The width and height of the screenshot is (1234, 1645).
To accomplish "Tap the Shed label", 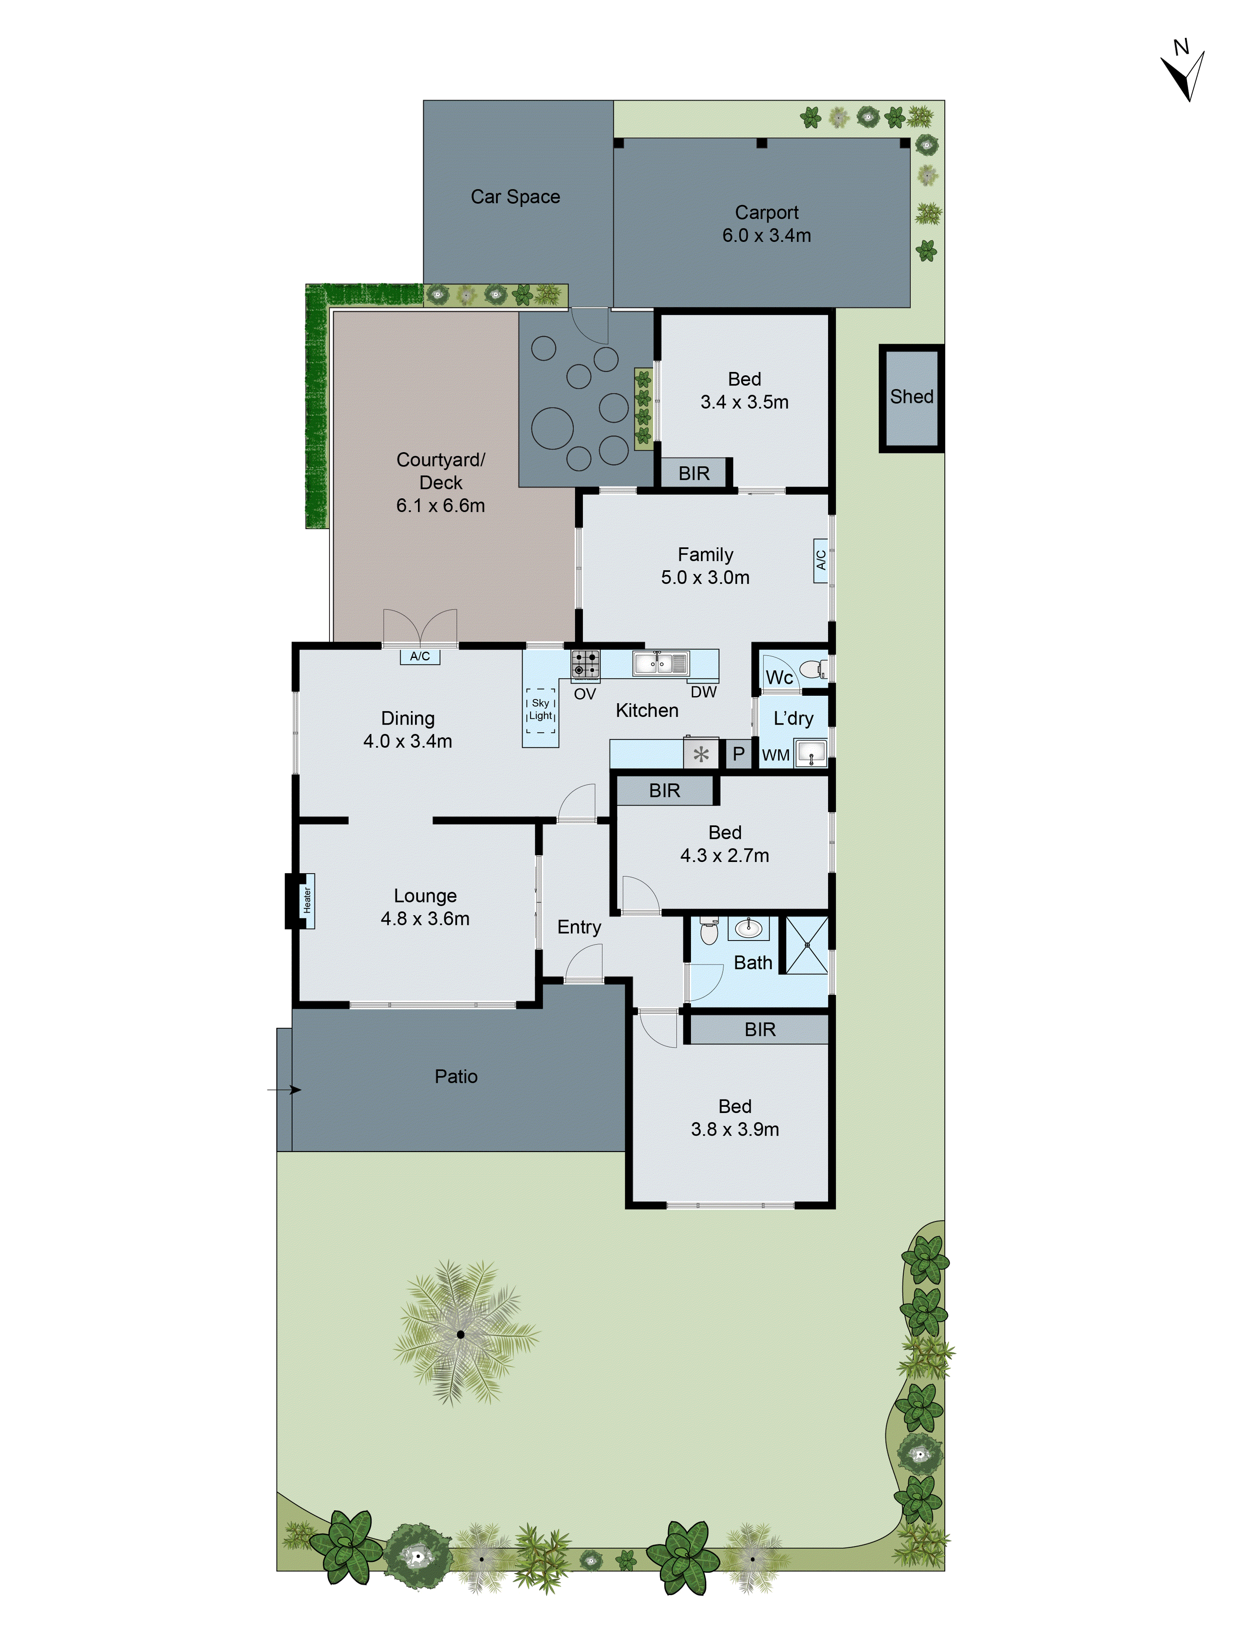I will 912,397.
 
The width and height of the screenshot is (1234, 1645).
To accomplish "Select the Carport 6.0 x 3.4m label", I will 766,224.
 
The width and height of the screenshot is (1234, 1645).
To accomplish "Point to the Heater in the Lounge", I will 306,901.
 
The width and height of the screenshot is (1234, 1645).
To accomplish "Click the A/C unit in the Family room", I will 821,561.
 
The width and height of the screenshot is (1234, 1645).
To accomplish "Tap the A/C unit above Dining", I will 420,656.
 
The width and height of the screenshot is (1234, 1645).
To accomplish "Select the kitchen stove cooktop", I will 585,664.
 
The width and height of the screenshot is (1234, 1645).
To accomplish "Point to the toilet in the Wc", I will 812,669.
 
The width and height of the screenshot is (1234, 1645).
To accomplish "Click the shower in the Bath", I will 807,945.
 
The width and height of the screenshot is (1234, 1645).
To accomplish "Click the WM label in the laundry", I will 775,755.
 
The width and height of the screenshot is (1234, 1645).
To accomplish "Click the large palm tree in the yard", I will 461,1334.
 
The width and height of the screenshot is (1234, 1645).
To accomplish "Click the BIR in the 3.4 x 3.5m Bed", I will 694,473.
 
